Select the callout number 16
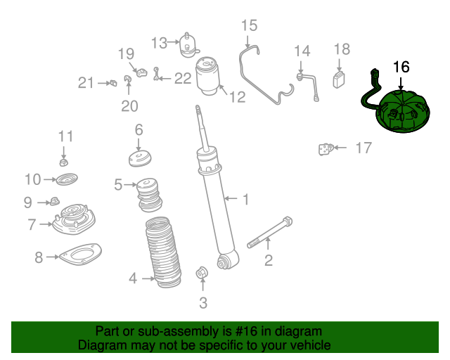coord(400,67)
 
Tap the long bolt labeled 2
coord(269,233)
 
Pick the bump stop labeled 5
coord(148,195)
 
